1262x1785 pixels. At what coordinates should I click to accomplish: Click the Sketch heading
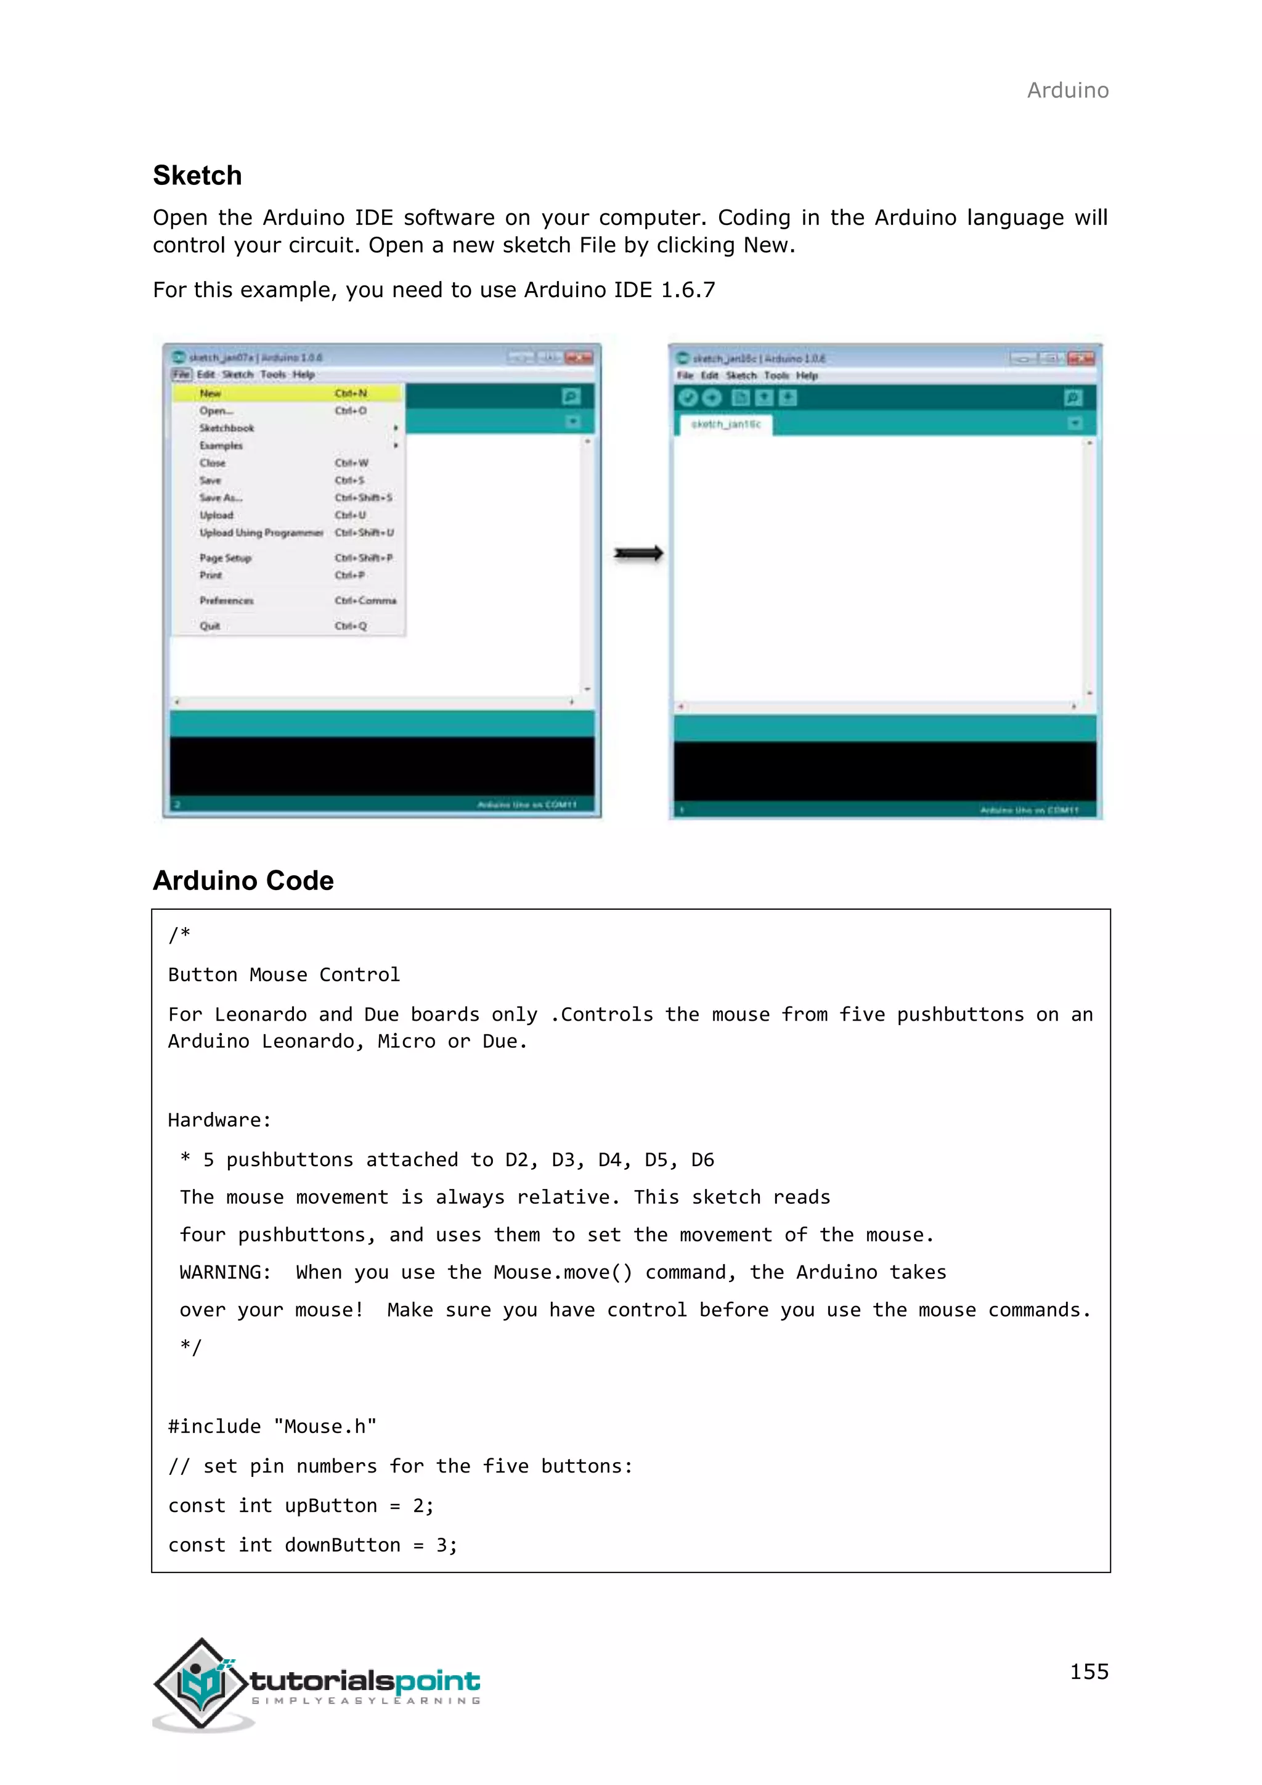click(197, 176)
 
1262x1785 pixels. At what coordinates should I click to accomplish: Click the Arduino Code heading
click(243, 881)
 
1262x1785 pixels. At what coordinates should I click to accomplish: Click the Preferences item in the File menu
click(226, 601)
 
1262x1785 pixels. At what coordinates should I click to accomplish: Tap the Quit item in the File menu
click(210, 626)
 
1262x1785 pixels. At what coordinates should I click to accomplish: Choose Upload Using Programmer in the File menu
click(261, 533)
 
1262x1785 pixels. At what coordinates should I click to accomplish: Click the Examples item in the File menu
click(221, 446)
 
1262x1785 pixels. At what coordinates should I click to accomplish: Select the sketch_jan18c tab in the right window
click(726, 425)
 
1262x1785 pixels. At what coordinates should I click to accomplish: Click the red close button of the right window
click(1081, 358)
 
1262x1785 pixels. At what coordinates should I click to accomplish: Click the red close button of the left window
click(579, 357)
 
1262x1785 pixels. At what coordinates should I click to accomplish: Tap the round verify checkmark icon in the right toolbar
click(688, 398)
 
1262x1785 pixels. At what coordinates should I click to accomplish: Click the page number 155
click(1089, 1672)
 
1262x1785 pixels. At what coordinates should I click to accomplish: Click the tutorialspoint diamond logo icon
click(202, 1684)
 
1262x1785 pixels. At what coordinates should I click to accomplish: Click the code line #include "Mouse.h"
click(272, 1427)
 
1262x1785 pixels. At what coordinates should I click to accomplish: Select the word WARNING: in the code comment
click(226, 1273)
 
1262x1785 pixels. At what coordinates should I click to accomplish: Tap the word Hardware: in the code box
click(219, 1121)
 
